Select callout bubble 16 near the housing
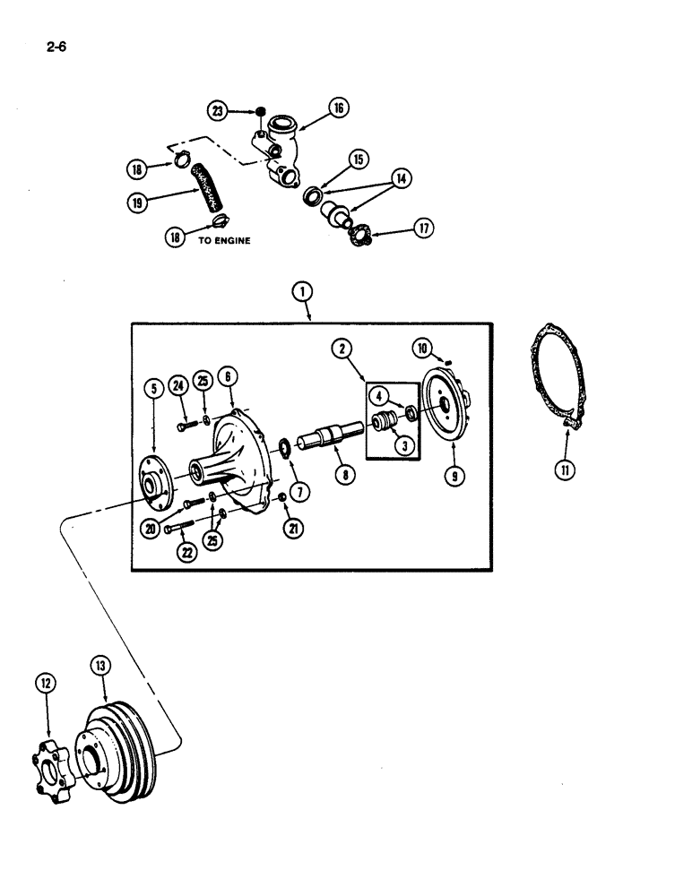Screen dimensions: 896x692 pos(338,108)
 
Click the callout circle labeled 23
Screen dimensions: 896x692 pos(218,111)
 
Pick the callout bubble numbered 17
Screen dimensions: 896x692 pos(424,228)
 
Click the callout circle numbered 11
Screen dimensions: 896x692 pos(567,467)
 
